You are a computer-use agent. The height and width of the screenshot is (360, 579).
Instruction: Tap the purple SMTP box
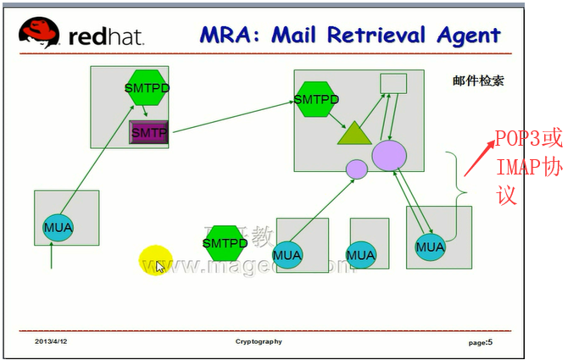148,133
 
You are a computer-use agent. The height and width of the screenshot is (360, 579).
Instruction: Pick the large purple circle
389,156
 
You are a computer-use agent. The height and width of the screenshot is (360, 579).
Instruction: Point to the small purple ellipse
357,169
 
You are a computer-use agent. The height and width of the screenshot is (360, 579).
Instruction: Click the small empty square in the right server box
392,83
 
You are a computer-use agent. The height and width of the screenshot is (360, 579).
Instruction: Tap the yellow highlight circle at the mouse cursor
156,260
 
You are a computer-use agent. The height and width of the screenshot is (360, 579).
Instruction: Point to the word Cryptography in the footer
259,342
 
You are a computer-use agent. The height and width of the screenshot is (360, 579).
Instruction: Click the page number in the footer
480,342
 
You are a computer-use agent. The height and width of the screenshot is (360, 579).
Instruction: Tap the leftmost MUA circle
58,227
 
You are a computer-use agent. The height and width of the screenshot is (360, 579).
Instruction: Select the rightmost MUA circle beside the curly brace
430,246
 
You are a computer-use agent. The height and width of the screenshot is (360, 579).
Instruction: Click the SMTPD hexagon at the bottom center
225,243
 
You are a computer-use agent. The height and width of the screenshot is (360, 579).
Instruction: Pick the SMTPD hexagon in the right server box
315,99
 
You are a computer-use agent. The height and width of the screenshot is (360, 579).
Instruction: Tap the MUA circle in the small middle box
360,254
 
